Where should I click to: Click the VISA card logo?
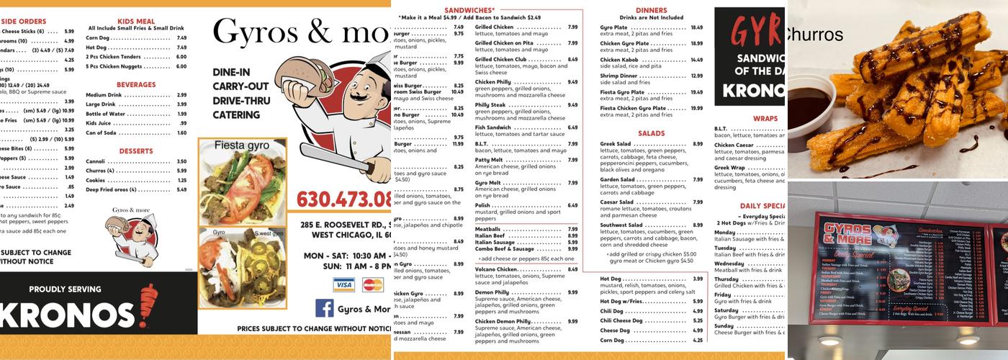tap(344, 285)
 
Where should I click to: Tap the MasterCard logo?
tap(372, 285)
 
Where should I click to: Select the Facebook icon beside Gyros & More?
tap(325, 308)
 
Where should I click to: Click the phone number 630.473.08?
tap(344, 198)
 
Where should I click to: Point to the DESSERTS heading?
tap(136, 151)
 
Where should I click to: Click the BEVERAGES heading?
tap(136, 84)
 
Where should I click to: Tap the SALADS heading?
tap(651, 133)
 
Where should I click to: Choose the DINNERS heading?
tap(651, 10)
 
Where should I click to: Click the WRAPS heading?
tap(765, 118)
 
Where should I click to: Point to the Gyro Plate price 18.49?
tap(696, 27)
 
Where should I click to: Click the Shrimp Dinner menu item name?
tap(618, 76)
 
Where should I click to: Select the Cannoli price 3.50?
tap(181, 161)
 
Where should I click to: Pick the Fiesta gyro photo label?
tap(242, 145)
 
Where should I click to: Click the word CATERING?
tap(236, 115)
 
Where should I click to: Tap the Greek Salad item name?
tap(615, 144)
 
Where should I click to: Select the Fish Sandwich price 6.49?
tap(572, 127)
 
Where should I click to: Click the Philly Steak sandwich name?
tap(490, 105)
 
